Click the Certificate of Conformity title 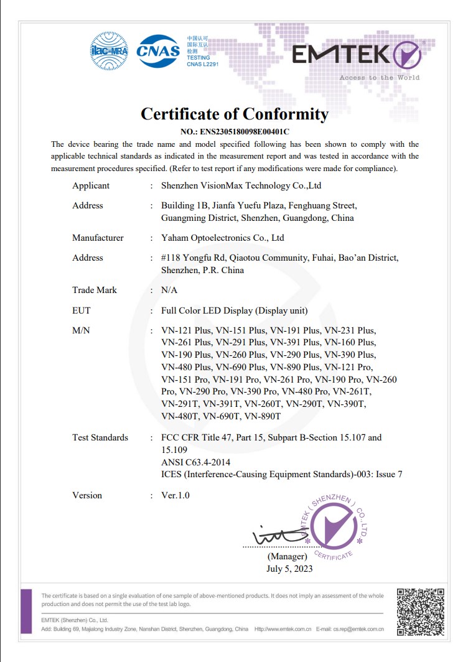tap(234, 114)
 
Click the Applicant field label tap(91, 185)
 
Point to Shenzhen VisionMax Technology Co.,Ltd tap(241, 185)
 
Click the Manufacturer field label tap(98, 238)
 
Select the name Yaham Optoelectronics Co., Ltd tap(222, 238)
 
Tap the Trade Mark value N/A tap(169, 290)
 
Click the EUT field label tap(82, 310)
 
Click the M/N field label tap(81, 330)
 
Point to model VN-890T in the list tap(263, 416)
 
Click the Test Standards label tap(100, 437)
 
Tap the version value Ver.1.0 tap(175, 495)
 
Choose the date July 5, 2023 tap(289, 568)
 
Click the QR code tap(420, 611)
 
